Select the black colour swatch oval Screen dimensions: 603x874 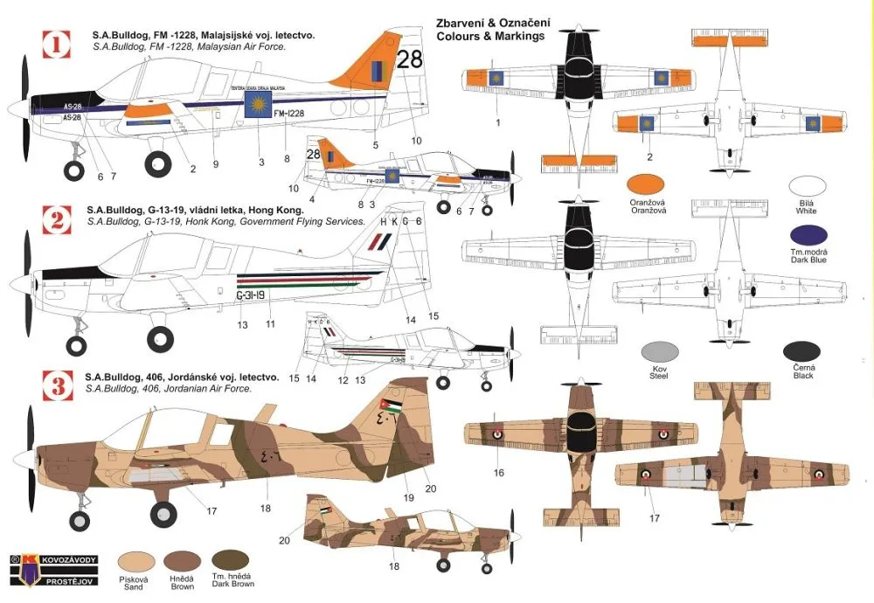tap(801, 352)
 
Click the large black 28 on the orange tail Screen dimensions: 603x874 tap(408, 59)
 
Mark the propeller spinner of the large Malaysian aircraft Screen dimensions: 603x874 tap(17, 108)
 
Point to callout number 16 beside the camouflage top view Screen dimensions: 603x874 tap(498, 473)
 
